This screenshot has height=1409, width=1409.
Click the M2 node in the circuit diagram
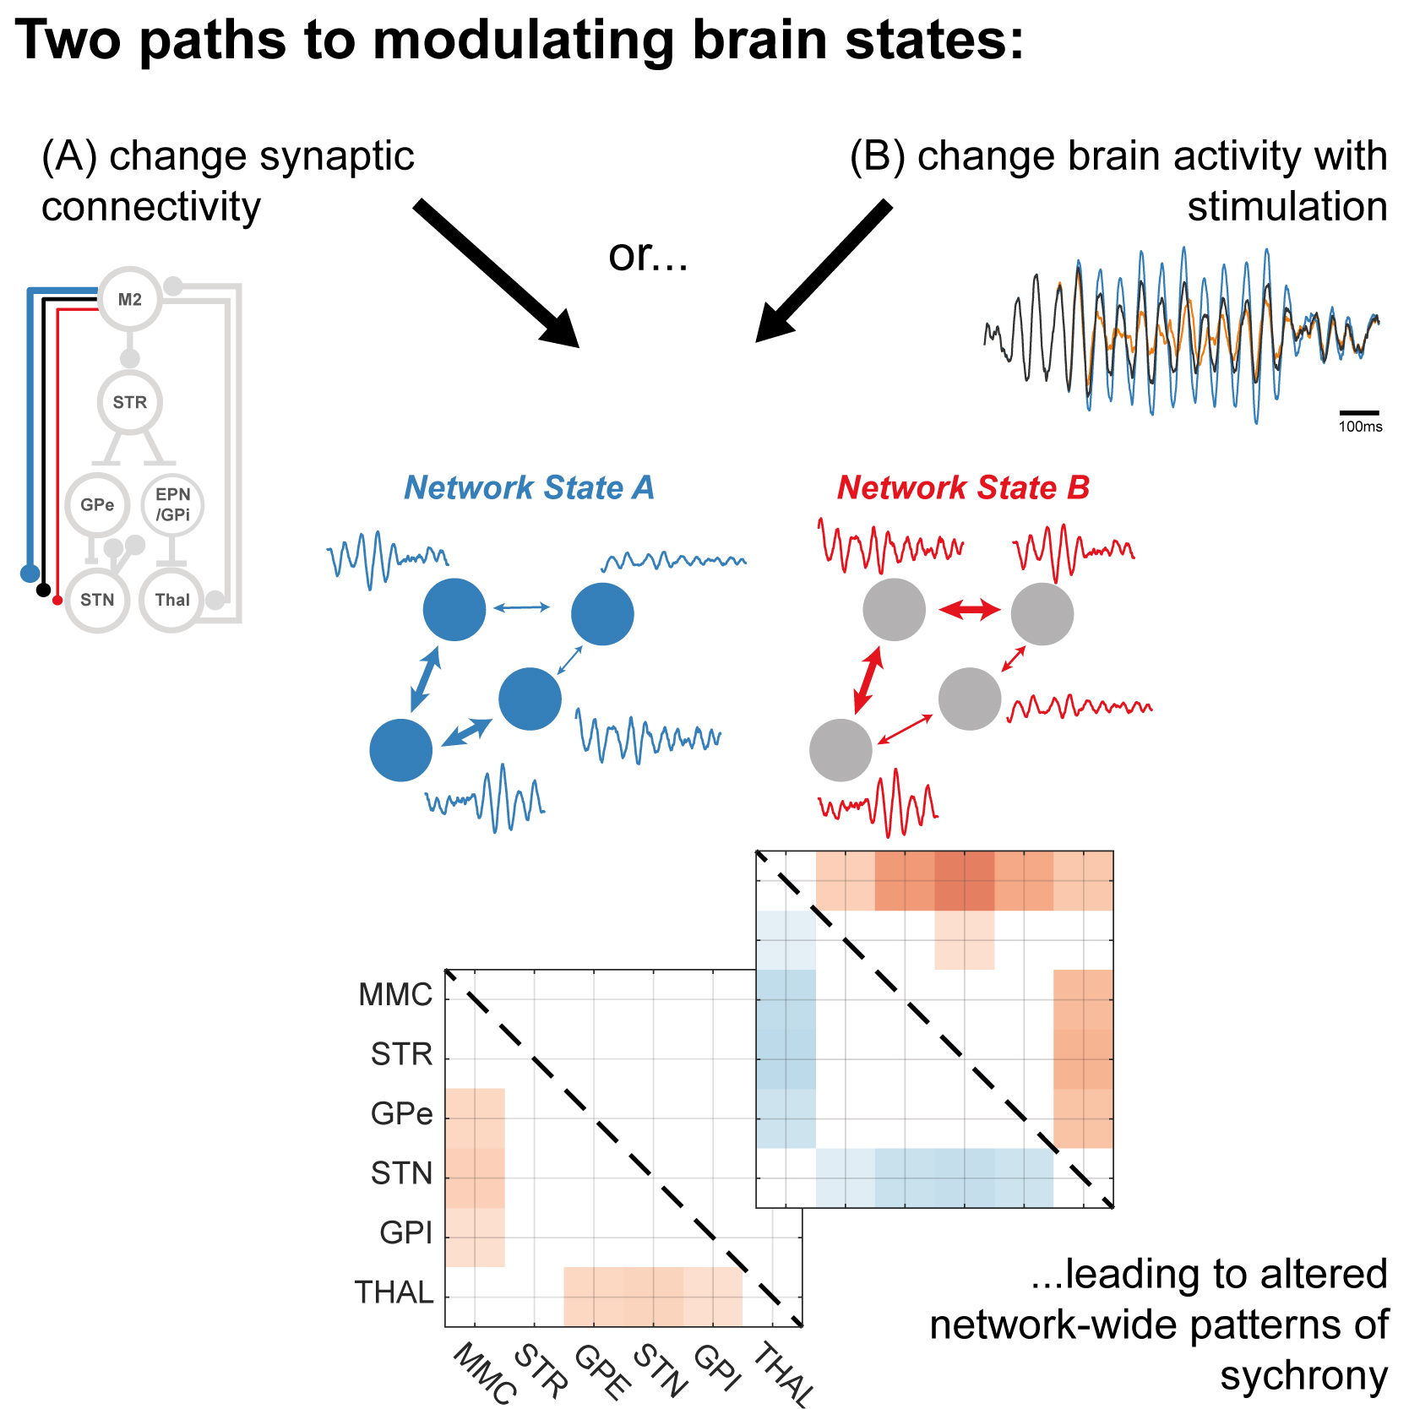[130, 299]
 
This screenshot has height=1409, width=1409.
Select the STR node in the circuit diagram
[130, 402]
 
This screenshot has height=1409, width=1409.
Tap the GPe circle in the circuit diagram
[97, 504]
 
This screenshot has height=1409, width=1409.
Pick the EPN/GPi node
[172, 504]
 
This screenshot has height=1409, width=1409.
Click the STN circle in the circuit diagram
[97, 600]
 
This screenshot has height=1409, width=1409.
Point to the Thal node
[172, 600]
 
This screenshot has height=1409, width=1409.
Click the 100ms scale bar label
[1360, 427]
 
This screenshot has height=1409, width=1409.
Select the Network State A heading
[529, 487]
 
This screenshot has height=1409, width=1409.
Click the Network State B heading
[963, 487]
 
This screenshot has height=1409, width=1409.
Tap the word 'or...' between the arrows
[648, 254]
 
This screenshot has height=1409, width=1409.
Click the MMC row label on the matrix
[395, 994]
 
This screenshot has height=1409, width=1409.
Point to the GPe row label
[401, 1113]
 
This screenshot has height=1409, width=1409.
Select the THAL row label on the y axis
[394, 1292]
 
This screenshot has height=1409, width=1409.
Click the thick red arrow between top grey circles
[969, 609]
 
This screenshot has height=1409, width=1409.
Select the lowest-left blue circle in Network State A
[401, 750]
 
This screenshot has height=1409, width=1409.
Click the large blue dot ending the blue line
[30, 574]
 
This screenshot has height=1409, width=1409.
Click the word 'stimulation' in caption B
[1287, 206]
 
